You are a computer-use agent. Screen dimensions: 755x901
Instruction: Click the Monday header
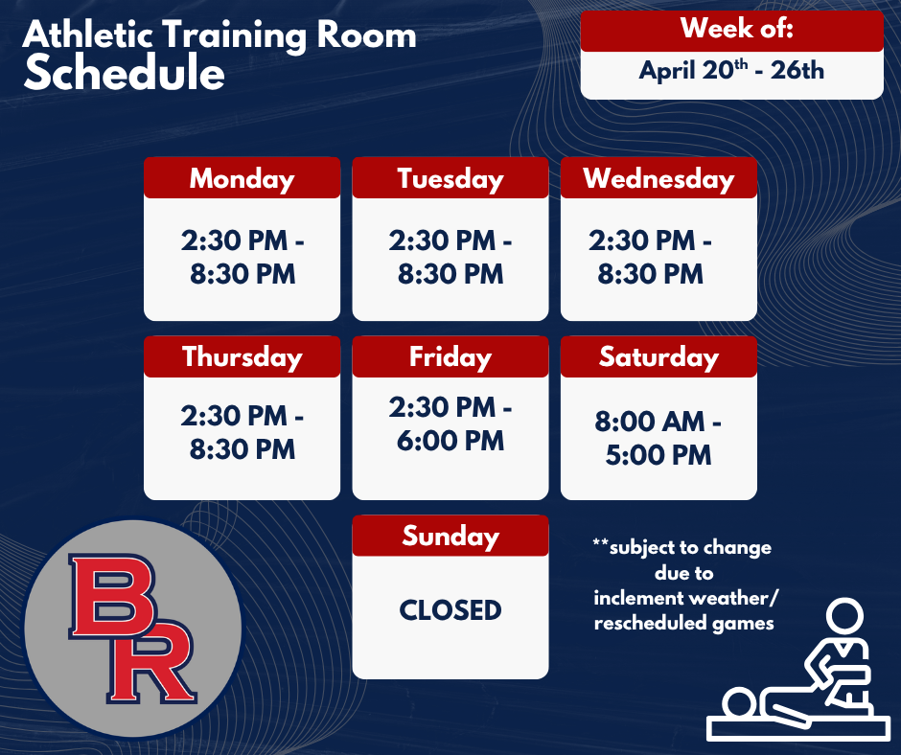click(242, 178)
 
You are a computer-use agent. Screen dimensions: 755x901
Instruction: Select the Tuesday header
click(450, 178)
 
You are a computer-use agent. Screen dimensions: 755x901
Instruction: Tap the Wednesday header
click(658, 178)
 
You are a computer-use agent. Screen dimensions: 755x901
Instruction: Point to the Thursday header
click(242, 356)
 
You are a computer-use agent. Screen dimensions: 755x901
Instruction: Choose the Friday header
click(450, 356)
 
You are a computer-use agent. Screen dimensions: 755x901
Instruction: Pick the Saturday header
click(658, 356)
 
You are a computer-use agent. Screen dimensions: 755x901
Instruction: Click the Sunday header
click(450, 536)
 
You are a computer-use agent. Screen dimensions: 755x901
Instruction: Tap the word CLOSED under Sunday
click(450, 609)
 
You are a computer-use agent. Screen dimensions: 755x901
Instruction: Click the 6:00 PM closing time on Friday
click(450, 441)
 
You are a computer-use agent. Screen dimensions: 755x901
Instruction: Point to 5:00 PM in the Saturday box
click(658, 454)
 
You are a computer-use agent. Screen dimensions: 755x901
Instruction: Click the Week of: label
click(731, 29)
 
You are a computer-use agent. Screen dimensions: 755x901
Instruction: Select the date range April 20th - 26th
click(731, 71)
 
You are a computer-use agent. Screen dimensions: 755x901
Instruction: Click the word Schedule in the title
click(125, 74)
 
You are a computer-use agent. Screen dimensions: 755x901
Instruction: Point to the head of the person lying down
click(739, 703)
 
